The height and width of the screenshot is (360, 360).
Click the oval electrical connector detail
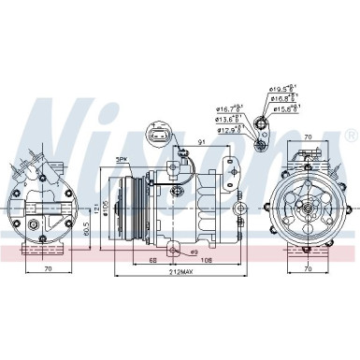158,137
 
